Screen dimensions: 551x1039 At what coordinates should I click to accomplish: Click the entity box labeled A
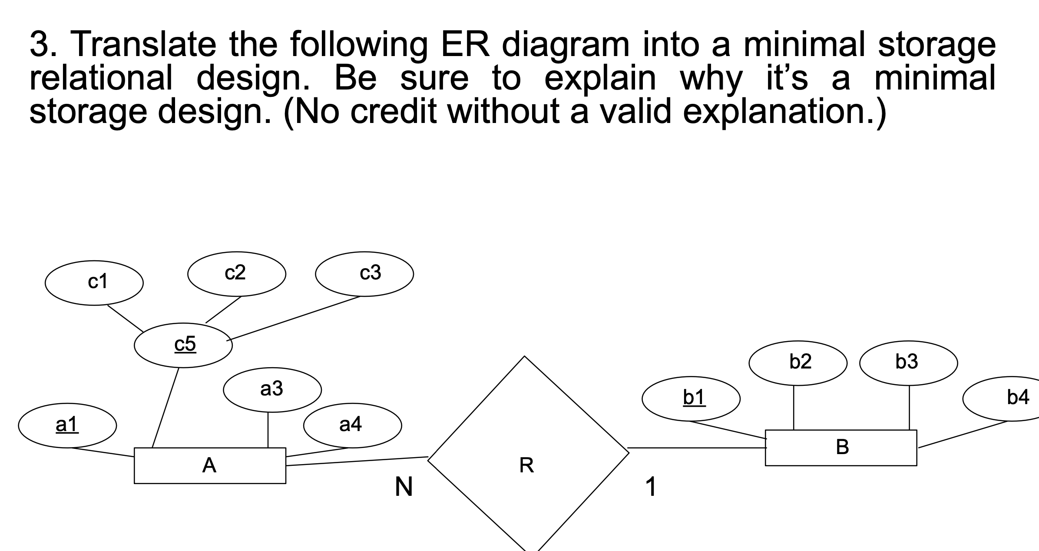[210, 465]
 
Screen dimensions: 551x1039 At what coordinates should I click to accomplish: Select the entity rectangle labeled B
[841, 448]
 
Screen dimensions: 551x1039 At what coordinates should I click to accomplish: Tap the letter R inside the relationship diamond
[526, 465]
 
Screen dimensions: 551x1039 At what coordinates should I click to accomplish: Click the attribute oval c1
[94, 282]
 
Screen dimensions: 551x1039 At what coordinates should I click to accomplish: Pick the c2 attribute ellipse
[236, 273]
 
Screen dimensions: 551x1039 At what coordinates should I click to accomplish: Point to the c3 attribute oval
[364, 273]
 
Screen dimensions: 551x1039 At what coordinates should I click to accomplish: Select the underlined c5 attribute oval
[183, 345]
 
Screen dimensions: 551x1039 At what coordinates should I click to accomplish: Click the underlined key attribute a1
[67, 425]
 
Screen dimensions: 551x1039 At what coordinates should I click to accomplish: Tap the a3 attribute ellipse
[272, 389]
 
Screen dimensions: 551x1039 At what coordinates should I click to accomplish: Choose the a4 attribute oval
[352, 425]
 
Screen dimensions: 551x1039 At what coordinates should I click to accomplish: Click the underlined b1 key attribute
[691, 398]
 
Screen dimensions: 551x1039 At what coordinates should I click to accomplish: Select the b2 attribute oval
[798, 362]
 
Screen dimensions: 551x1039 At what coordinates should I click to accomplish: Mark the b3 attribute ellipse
[908, 362]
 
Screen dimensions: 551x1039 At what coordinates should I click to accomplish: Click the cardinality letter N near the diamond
[404, 487]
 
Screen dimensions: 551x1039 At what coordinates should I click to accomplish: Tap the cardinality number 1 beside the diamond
[650, 487]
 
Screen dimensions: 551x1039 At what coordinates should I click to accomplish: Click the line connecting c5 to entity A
[165, 407]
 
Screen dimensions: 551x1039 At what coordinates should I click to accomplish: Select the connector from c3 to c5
[294, 318]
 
